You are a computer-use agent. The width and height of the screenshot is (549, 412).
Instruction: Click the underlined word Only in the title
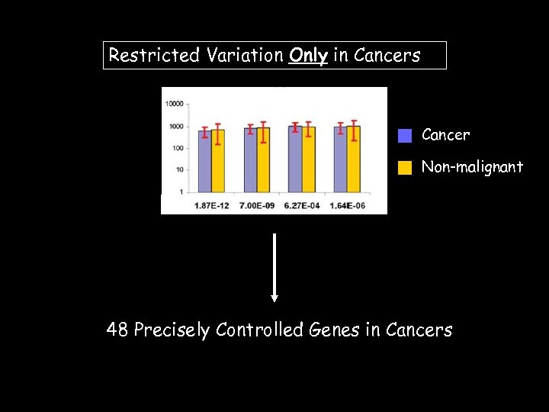point(308,55)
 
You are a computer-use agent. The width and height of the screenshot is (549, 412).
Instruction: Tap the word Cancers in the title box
point(387,55)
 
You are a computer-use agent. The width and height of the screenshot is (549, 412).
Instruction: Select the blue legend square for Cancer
point(405,136)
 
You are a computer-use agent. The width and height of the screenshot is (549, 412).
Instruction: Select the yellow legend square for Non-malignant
point(405,167)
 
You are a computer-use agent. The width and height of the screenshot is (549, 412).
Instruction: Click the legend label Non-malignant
point(472,166)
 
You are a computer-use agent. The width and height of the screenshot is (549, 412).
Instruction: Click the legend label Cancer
point(445,135)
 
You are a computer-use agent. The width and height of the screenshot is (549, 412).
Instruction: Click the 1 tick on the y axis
point(181,192)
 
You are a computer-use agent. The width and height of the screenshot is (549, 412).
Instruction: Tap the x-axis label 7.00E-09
point(256,206)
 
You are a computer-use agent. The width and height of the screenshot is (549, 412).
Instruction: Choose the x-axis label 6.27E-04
point(301,206)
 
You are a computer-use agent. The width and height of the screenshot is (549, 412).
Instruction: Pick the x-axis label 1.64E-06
point(346,206)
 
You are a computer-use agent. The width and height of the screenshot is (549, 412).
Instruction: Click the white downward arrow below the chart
point(274,267)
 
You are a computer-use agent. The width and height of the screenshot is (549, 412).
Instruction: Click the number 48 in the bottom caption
point(117,330)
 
